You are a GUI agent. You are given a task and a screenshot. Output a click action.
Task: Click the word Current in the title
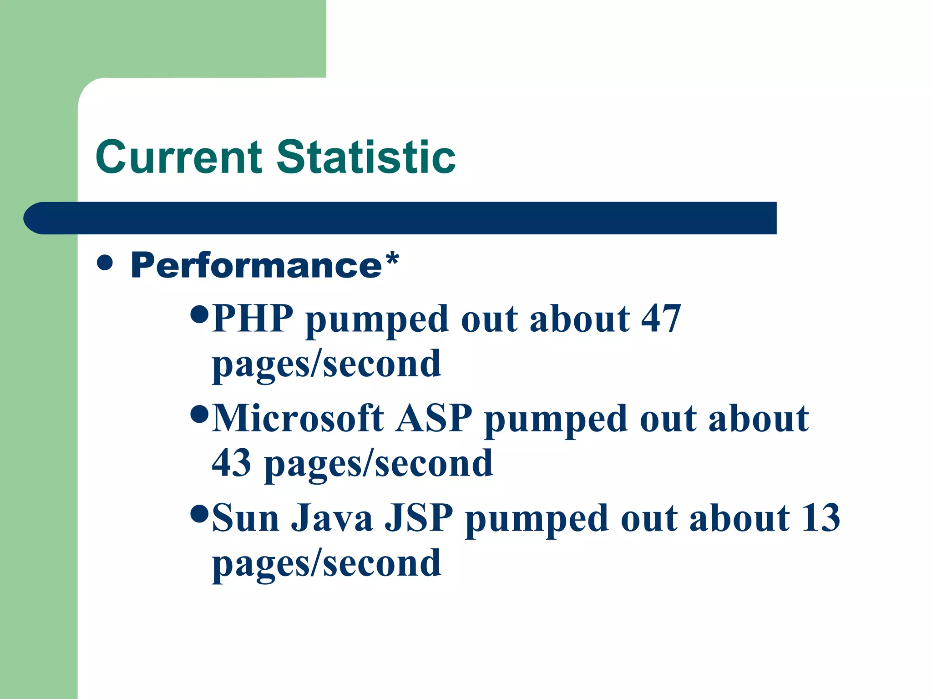[179, 157]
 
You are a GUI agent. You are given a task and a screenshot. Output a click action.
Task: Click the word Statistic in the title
[366, 157]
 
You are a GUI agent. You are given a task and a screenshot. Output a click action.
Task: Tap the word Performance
[256, 266]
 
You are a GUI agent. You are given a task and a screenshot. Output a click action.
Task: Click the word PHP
[253, 319]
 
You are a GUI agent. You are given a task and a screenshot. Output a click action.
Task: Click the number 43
[231, 463]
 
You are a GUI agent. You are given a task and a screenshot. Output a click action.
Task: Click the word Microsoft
[298, 418]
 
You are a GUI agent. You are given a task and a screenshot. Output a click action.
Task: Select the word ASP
[434, 418]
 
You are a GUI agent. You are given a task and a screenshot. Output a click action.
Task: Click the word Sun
[245, 518]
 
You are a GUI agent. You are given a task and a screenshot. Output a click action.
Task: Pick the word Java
[332, 518]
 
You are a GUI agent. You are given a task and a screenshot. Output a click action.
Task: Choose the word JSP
[419, 518]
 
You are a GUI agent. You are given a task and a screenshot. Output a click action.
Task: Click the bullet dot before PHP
[199, 314]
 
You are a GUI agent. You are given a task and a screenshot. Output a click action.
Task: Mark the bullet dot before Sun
[199, 513]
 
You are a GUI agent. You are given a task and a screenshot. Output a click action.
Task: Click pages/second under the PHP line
[326, 364]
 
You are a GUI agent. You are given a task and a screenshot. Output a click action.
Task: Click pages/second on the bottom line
[326, 563]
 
